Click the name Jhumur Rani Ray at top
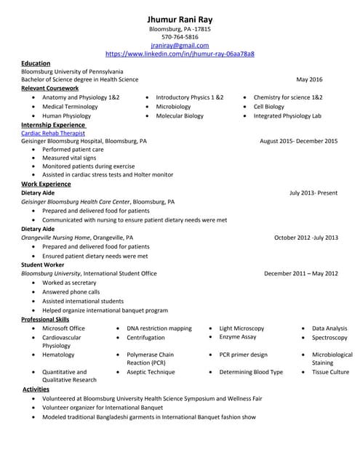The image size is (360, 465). pyautogui.click(x=180, y=17)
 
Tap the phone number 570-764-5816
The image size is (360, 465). pyautogui.click(x=180, y=37)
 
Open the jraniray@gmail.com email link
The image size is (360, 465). pyautogui.click(x=180, y=45)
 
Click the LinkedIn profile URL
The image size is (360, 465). pyautogui.click(x=180, y=54)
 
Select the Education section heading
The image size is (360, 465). pyautogui.click(x=36, y=63)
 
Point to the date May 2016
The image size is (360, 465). pyautogui.click(x=309, y=79)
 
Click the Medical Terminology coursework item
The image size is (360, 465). pyautogui.click(x=70, y=106)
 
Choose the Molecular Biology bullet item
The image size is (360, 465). pyautogui.click(x=180, y=116)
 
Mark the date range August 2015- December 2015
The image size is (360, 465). pyautogui.click(x=298, y=141)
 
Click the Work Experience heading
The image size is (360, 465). pyautogui.click(x=46, y=184)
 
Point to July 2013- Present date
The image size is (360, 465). pyautogui.click(x=313, y=193)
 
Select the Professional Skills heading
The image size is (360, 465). pyautogui.click(x=45, y=319)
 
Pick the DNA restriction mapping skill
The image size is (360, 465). pyautogui.click(x=159, y=328)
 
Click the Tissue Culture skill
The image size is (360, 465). pyautogui.click(x=330, y=372)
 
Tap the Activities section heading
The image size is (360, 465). pyautogui.click(x=36, y=389)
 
